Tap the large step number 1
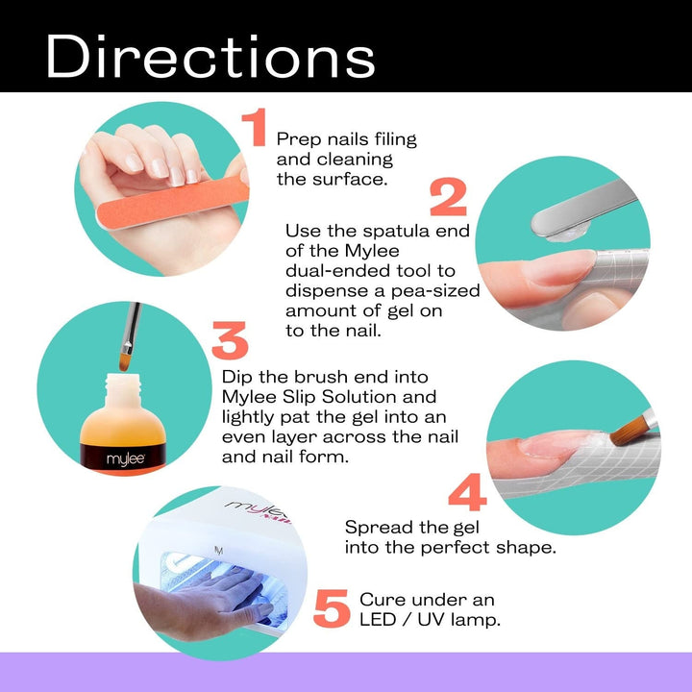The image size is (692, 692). click(x=254, y=129)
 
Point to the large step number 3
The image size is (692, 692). click(x=230, y=341)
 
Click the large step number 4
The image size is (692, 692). click(x=467, y=492)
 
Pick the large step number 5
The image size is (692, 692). click(x=331, y=609)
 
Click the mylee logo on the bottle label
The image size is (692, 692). click(x=100, y=458)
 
